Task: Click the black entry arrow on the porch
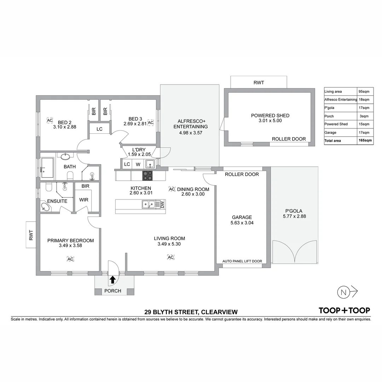click(x=112, y=280)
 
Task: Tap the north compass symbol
click(x=343, y=292)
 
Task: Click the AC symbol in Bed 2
click(x=50, y=120)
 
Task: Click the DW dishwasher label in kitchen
click(x=162, y=204)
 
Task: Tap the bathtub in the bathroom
click(x=47, y=168)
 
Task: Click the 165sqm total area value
click(x=365, y=140)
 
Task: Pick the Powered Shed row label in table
click(x=336, y=124)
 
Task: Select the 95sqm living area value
click(x=364, y=92)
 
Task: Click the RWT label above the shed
click(x=259, y=83)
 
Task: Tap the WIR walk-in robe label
click(x=84, y=200)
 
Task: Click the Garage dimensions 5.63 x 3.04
click(x=242, y=223)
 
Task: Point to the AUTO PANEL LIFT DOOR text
click(x=242, y=261)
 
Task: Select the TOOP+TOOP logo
click(x=344, y=311)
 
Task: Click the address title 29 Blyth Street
click(x=191, y=312)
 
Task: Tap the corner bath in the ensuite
click(x=45, y=207)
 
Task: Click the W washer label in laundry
click(x=138, y=164)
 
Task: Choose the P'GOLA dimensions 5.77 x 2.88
click(x=294, y=216)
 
